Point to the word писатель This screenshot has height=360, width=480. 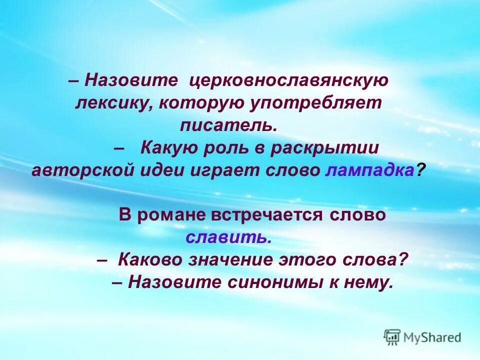click(x=228, y=125)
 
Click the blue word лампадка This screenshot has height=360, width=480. click(x=370, y=170)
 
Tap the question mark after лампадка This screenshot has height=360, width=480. click(x=420, y=170)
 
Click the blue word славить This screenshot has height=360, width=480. click(x=228, y=237)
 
